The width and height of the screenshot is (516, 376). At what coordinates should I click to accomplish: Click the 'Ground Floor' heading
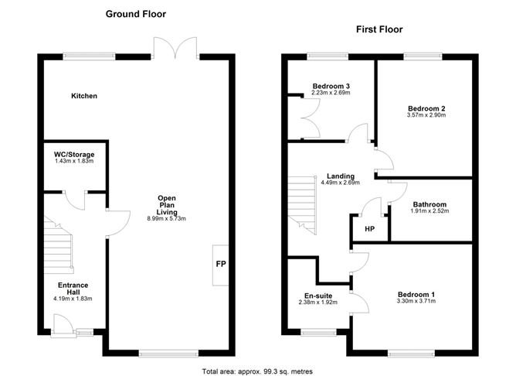point(136,14)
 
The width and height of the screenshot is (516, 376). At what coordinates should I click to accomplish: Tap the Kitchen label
point(84,96)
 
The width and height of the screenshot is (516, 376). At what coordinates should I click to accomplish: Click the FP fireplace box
point(220,265)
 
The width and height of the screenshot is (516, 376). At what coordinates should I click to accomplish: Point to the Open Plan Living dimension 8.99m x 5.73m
point(168,219)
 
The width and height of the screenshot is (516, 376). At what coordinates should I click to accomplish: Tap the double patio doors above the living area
point(176,48)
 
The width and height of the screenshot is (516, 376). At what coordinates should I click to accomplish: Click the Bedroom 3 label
point(331,86)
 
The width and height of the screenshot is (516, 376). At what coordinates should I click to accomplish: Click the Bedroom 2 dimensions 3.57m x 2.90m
point(426,115)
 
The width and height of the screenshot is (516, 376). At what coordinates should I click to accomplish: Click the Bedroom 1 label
point(416,294)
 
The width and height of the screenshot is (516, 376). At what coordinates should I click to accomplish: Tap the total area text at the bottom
point(256,371)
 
